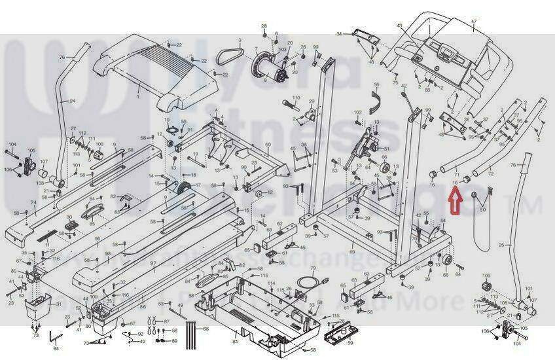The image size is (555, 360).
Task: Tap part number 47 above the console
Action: (474, 22)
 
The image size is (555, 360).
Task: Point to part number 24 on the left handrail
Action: (72, 101)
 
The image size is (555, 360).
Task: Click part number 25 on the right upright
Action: (501, 245)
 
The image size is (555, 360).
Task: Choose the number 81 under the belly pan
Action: (235, 342)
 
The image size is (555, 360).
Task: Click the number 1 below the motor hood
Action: (137, 96)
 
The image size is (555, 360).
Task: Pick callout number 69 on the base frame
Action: (351, 251)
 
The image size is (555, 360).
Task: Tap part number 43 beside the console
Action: (399, 26)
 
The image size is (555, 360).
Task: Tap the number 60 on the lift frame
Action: (268, 145)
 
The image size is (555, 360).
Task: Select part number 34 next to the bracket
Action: (339, 33)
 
